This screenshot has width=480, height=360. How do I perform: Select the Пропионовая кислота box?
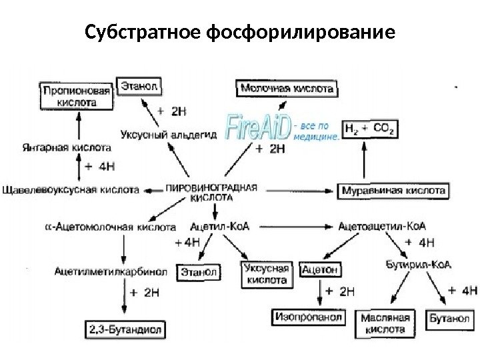click(69, 96)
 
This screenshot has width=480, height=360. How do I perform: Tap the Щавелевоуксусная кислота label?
click(71, 190)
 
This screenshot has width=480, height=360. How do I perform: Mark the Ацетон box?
click(321, 270)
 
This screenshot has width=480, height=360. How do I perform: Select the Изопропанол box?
click(307, 318)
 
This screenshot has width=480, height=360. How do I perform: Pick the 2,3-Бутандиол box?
click(125, 329)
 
